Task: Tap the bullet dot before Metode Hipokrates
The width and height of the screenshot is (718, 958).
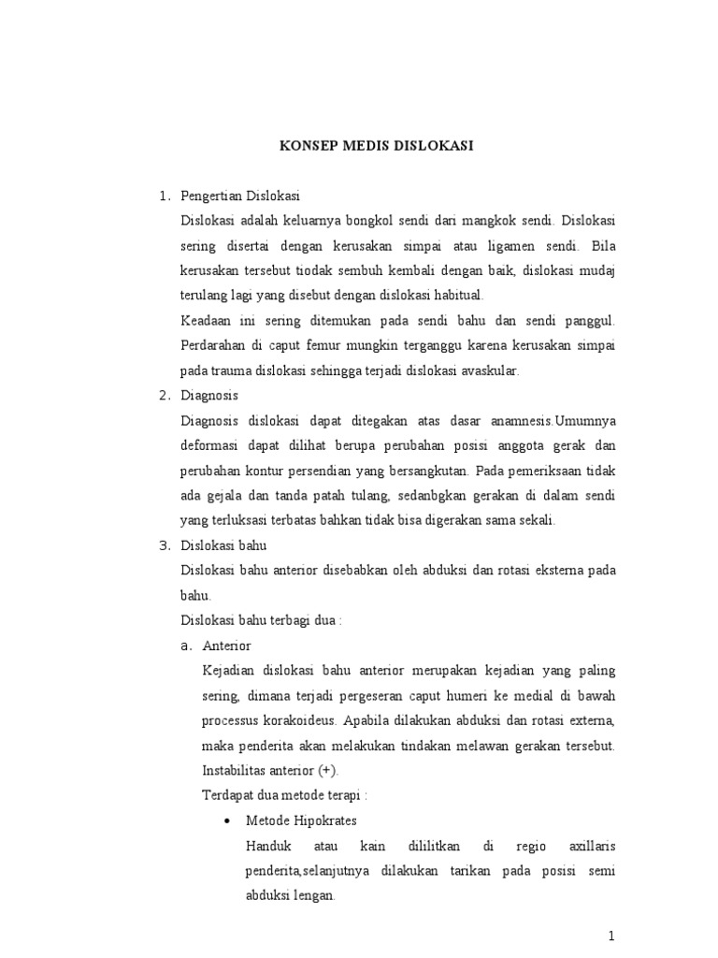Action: coord(227,820)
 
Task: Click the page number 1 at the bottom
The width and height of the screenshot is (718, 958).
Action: coord(611,936)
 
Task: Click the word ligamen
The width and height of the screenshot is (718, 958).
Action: coord(501,246)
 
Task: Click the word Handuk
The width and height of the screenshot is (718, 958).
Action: coord(268,846)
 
